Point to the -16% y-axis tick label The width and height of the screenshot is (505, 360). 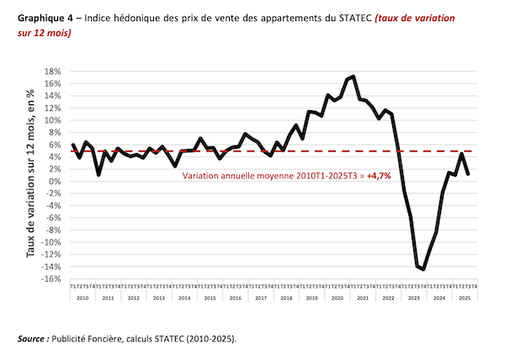point(55,279)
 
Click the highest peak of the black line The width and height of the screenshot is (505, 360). point(353,77)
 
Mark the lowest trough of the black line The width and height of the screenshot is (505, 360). point(423,269)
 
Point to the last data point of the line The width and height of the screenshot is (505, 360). point(467,173)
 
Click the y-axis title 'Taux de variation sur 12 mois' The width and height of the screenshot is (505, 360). point(31,174)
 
